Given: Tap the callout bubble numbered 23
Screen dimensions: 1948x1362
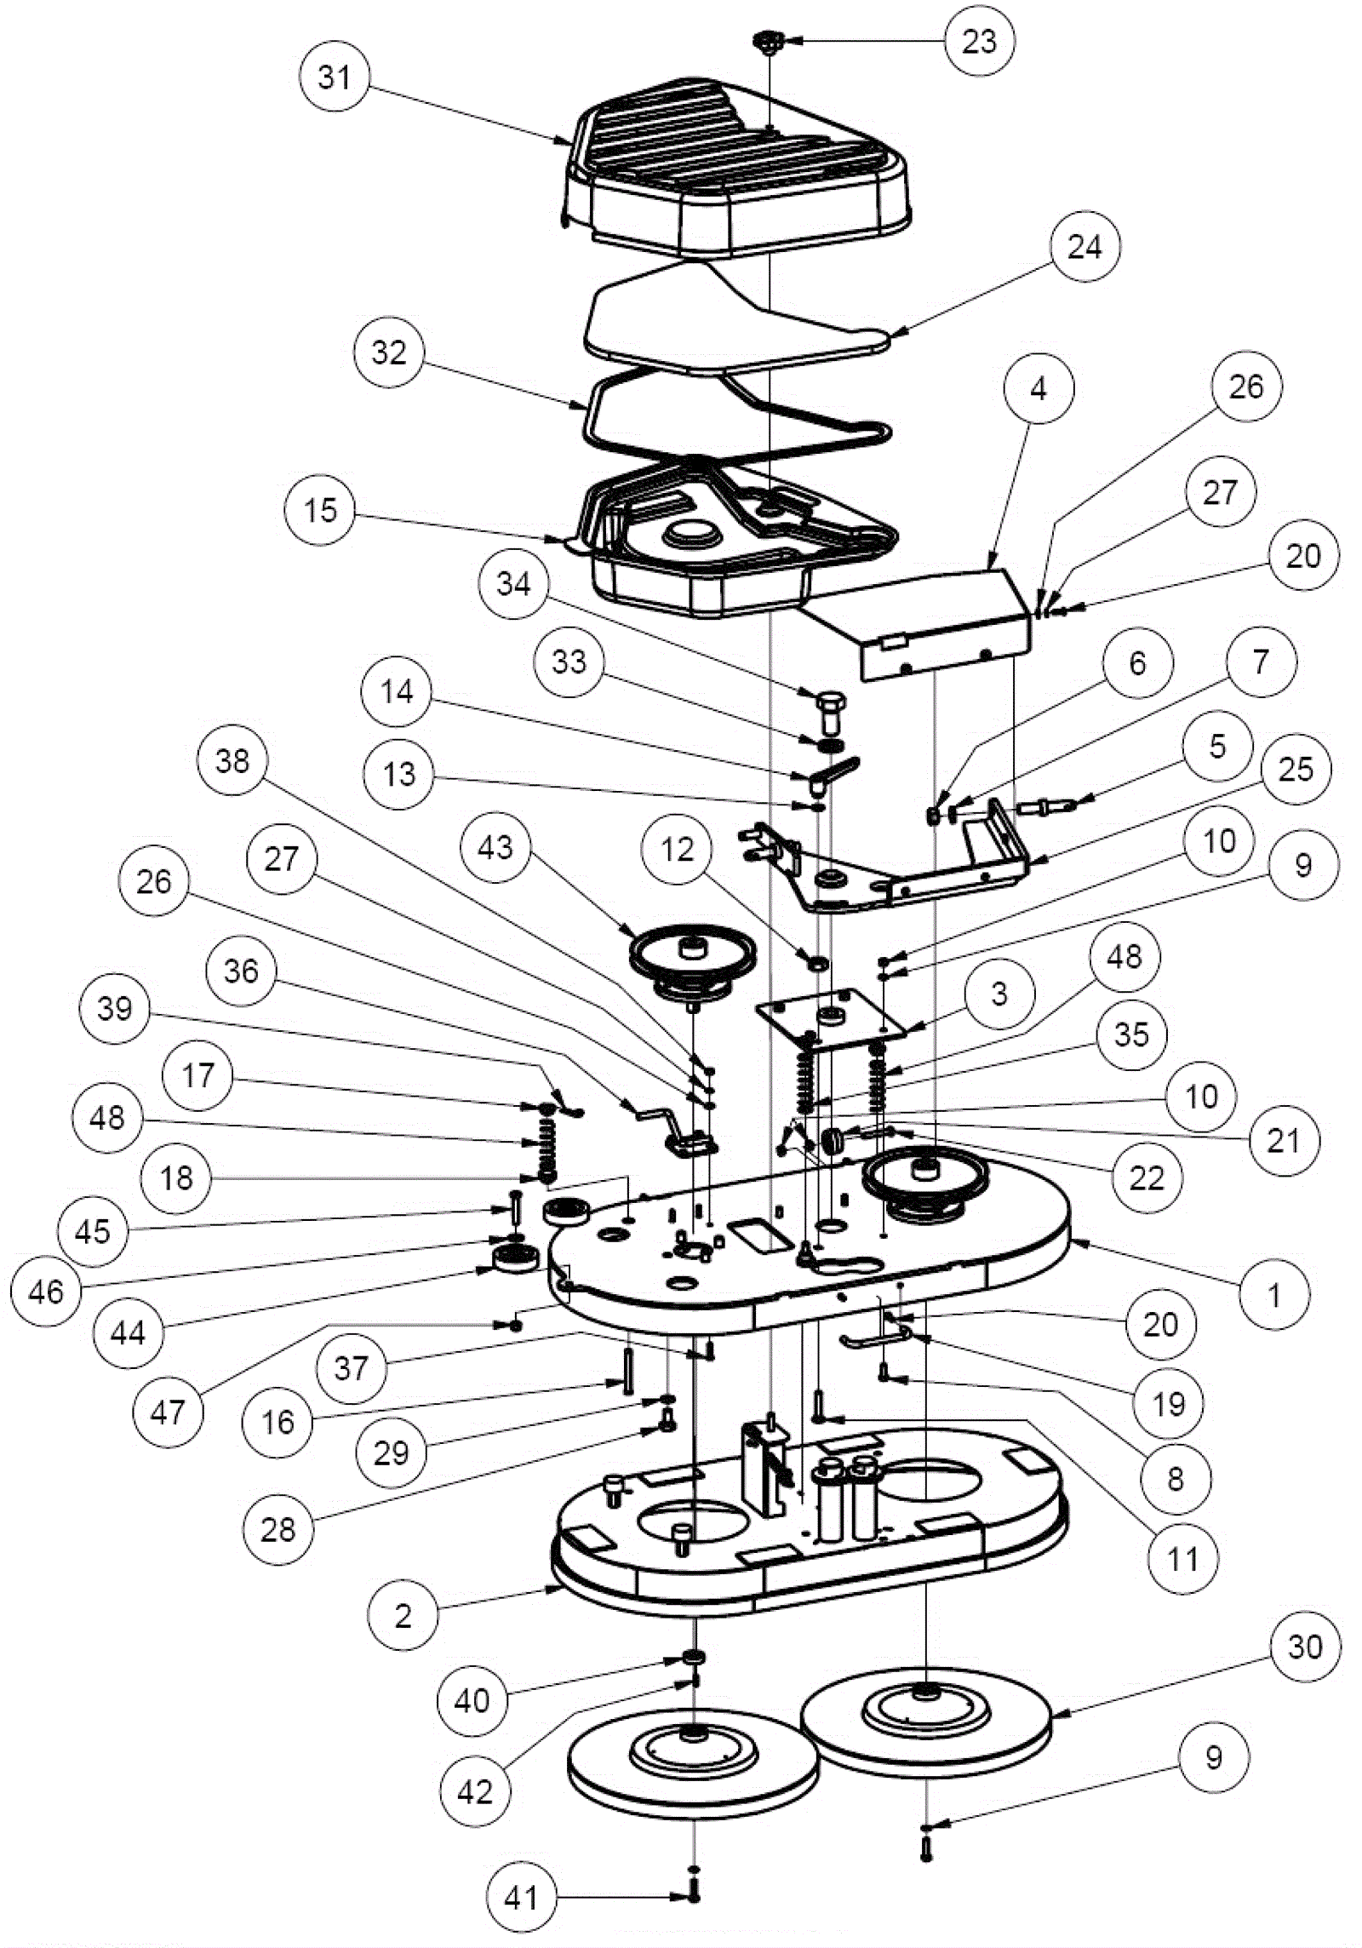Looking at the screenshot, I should pos(979,41).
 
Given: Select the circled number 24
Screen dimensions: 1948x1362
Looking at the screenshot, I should pos(1084,247).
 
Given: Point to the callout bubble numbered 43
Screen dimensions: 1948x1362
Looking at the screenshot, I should pos(495,847).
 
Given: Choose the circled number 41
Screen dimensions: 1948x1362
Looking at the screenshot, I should pos(521,1897).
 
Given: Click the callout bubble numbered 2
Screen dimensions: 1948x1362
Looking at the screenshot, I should pos(403,1615).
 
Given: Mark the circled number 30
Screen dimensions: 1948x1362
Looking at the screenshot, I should pos(1305,1646).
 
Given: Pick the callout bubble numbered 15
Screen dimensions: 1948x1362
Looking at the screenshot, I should pos(320,510).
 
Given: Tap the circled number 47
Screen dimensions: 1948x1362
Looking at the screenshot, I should pos(167,1412).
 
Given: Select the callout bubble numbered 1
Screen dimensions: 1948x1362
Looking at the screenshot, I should pos(1273,1295).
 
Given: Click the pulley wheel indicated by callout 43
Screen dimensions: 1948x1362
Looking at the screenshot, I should pos(692,959).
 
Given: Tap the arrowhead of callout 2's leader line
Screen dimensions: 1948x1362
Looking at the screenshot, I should pos(557,1587).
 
